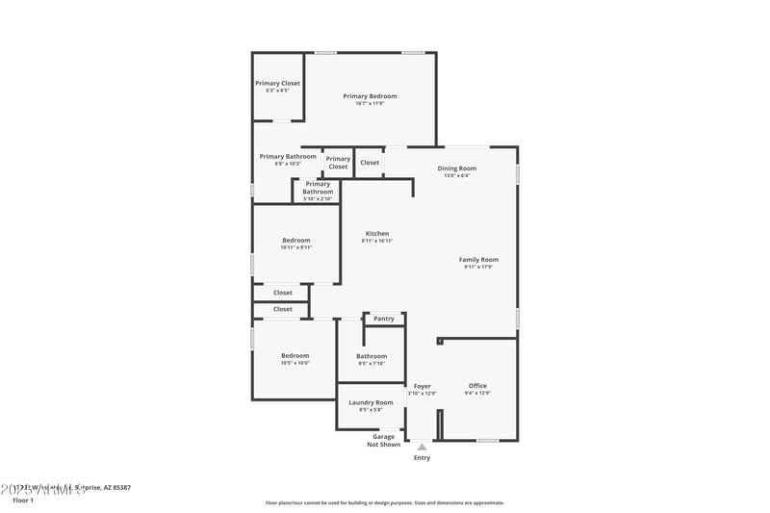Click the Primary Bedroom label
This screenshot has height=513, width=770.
(370, 96)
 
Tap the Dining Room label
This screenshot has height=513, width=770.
(456, 168)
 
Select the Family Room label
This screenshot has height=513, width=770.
(478, 259)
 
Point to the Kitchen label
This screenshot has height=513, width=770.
(377, 234)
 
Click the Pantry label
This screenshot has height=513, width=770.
(384, 319)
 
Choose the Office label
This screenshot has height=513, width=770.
(477, 386)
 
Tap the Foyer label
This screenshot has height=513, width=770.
(422, 386)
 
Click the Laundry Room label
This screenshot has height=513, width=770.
(371, 402)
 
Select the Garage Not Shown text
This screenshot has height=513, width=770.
(384, 441)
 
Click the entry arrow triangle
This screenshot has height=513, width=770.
(422, 447)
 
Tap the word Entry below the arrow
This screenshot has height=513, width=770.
(422, 458)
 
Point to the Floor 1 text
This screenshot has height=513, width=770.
(23, 500)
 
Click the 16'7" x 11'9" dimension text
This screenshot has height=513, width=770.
(370, 103)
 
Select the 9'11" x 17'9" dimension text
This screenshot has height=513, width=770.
(478, 267)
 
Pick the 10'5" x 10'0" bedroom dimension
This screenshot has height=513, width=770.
(295, 363)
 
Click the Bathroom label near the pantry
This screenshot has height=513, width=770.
(372, 356)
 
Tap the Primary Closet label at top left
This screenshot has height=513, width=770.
(277, 84)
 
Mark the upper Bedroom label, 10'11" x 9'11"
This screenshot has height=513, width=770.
(295, 241)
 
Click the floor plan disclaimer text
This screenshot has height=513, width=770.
(384, 502)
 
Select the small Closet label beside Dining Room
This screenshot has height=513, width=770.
(370, 163)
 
